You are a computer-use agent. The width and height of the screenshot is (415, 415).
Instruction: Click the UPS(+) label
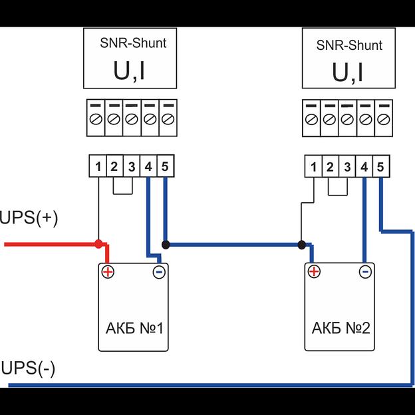tap(29, 218)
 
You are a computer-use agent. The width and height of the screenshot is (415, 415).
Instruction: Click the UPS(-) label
tap(29, 368)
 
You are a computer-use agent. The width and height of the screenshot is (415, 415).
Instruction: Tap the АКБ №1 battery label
tap(134, 329)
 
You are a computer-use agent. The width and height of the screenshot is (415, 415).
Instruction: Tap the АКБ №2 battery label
tap(341, 329)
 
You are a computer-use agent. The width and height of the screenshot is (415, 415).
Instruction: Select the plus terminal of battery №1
tap(108, 271)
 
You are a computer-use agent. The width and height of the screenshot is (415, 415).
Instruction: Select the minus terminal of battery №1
tap(158, 271)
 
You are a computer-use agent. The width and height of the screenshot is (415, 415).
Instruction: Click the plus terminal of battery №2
tap(314, 271)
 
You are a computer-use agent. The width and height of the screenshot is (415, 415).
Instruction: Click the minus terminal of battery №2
tap(364, 271)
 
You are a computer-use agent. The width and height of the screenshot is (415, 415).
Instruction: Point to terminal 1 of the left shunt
tap(98, 166)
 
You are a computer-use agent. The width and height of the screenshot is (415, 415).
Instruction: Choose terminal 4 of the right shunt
tap(364, 167)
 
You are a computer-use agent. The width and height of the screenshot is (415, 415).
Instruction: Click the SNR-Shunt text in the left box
tap(130, 44)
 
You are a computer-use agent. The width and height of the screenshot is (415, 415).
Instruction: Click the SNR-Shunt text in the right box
tap(349, 45)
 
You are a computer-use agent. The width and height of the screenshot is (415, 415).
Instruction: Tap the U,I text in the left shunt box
tap(129, 71)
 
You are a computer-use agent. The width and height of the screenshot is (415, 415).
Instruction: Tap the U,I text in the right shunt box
tap(348, 72)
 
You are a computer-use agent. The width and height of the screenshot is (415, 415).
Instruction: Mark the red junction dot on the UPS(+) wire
tap(98, 244)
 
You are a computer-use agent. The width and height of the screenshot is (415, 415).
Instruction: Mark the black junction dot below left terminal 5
tap(165, 245)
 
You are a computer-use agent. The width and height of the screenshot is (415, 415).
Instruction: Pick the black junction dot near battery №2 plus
tap(301, 245)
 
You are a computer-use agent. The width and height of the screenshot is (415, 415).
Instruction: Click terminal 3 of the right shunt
tap(347, 167)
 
